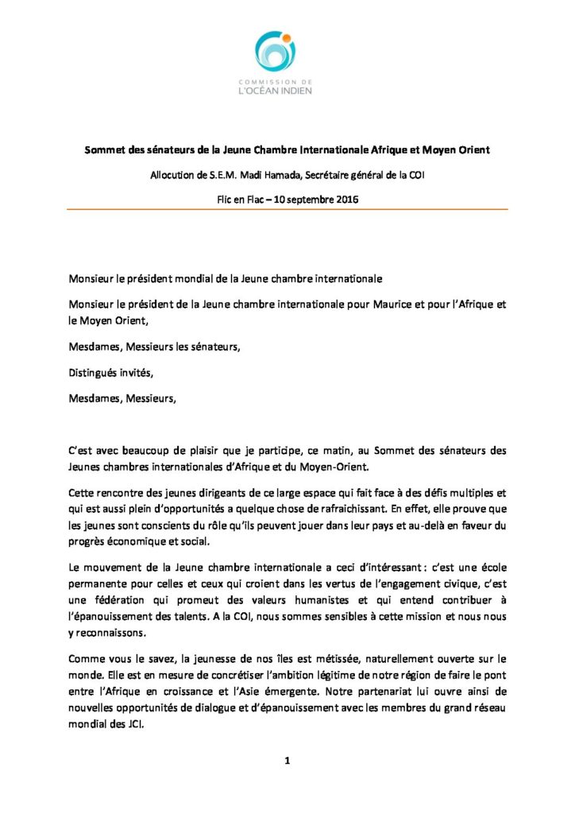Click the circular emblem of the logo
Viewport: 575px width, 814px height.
(x=276, y=52)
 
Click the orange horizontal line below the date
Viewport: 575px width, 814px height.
(x=287, y=209)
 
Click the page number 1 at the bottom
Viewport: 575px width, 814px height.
(x=287, y=762)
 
